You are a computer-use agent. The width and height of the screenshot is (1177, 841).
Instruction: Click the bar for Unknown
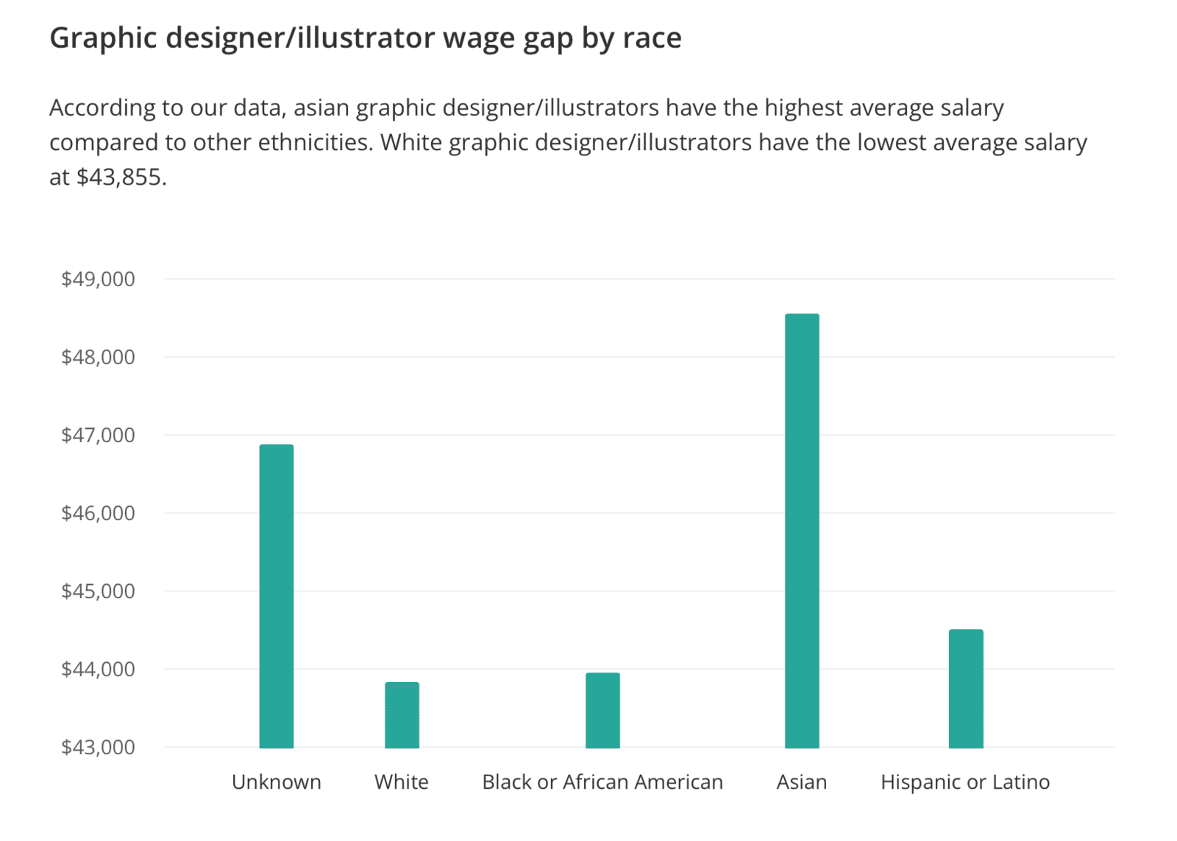point(277,596)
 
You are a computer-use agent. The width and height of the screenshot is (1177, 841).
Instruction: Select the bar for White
point(402,714)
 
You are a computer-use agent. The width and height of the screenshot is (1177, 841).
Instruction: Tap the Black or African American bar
point(602,710)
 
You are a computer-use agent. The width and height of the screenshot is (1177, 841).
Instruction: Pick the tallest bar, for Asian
point(802,530)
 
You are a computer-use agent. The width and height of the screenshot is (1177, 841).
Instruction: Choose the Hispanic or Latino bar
point(966,688)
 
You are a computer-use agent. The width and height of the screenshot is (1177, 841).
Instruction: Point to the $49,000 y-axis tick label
point(98,279)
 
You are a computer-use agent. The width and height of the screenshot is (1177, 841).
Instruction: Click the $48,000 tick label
point(98,357)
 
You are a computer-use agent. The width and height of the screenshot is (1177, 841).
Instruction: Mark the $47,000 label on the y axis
point(98,435)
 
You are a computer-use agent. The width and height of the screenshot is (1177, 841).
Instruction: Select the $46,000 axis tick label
point(98,513)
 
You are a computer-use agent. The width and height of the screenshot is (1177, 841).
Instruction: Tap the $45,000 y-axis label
point(98,591)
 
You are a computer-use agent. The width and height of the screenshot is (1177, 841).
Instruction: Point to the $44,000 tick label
point(98,669)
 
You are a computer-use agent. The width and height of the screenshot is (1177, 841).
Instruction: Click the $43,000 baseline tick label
point(98,747)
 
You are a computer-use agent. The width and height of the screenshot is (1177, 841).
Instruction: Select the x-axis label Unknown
point(277,781)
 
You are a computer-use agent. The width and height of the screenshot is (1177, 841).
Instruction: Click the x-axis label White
point(402,781)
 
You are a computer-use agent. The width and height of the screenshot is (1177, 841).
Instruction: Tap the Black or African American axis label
point(602,781)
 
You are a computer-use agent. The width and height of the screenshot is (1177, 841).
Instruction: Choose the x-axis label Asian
point(802,781)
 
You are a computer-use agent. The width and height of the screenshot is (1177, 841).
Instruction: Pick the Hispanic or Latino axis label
point(965,781)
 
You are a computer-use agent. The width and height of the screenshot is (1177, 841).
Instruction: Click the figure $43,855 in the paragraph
point(118,177)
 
